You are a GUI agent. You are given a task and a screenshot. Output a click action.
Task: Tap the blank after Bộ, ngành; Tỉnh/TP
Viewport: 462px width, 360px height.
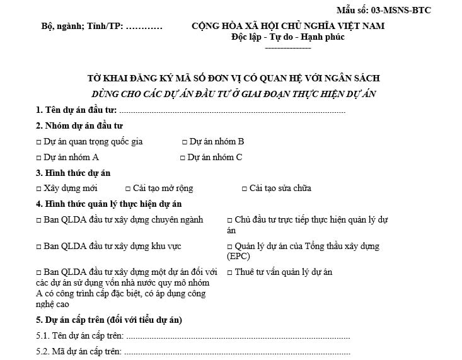click(144, 26)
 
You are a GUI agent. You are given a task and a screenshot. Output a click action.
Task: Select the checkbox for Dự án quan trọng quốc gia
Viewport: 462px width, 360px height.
click(39, 142)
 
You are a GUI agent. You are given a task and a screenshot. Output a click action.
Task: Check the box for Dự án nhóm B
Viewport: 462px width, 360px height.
click(185, 142)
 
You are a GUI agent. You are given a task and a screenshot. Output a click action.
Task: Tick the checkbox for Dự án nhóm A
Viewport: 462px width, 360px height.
click(39, 158)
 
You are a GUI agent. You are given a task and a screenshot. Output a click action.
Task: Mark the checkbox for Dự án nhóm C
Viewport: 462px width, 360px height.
click(183, 158)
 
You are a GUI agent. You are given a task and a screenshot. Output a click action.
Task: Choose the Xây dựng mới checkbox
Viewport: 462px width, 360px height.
click(39, 189)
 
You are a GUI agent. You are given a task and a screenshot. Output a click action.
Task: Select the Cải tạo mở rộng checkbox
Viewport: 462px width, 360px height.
click(127, 189)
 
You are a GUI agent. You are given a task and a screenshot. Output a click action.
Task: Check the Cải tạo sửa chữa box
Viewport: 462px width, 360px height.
click(245, 189)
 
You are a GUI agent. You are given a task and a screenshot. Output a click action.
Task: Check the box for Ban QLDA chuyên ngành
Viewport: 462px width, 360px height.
click(39, 220)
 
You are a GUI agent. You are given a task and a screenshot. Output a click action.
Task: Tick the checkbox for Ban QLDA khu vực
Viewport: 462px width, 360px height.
click(39, 247)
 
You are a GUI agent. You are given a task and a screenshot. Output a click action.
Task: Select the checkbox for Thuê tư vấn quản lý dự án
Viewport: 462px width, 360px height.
click(229, 272)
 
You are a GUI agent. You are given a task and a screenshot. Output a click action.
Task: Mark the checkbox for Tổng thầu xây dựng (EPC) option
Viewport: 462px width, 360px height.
click(229, 247)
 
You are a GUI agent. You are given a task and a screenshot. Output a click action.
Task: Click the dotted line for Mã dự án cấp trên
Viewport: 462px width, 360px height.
click(236, 352)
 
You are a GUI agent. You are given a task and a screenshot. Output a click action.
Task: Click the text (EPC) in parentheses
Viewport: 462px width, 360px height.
click(238, 256)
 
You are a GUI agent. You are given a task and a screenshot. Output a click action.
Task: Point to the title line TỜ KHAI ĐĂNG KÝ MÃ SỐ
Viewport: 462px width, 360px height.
click(233, 79)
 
